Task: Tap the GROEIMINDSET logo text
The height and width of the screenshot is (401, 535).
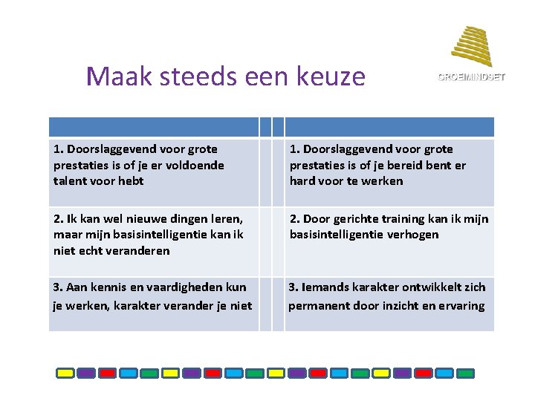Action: (470, 77)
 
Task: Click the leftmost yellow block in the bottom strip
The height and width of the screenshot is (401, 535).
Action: (65, 374)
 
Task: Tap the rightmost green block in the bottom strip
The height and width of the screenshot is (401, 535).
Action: (444, 374)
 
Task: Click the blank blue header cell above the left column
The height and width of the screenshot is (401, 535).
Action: (154, 127)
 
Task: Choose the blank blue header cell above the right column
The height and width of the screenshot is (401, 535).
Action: (389, 127)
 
